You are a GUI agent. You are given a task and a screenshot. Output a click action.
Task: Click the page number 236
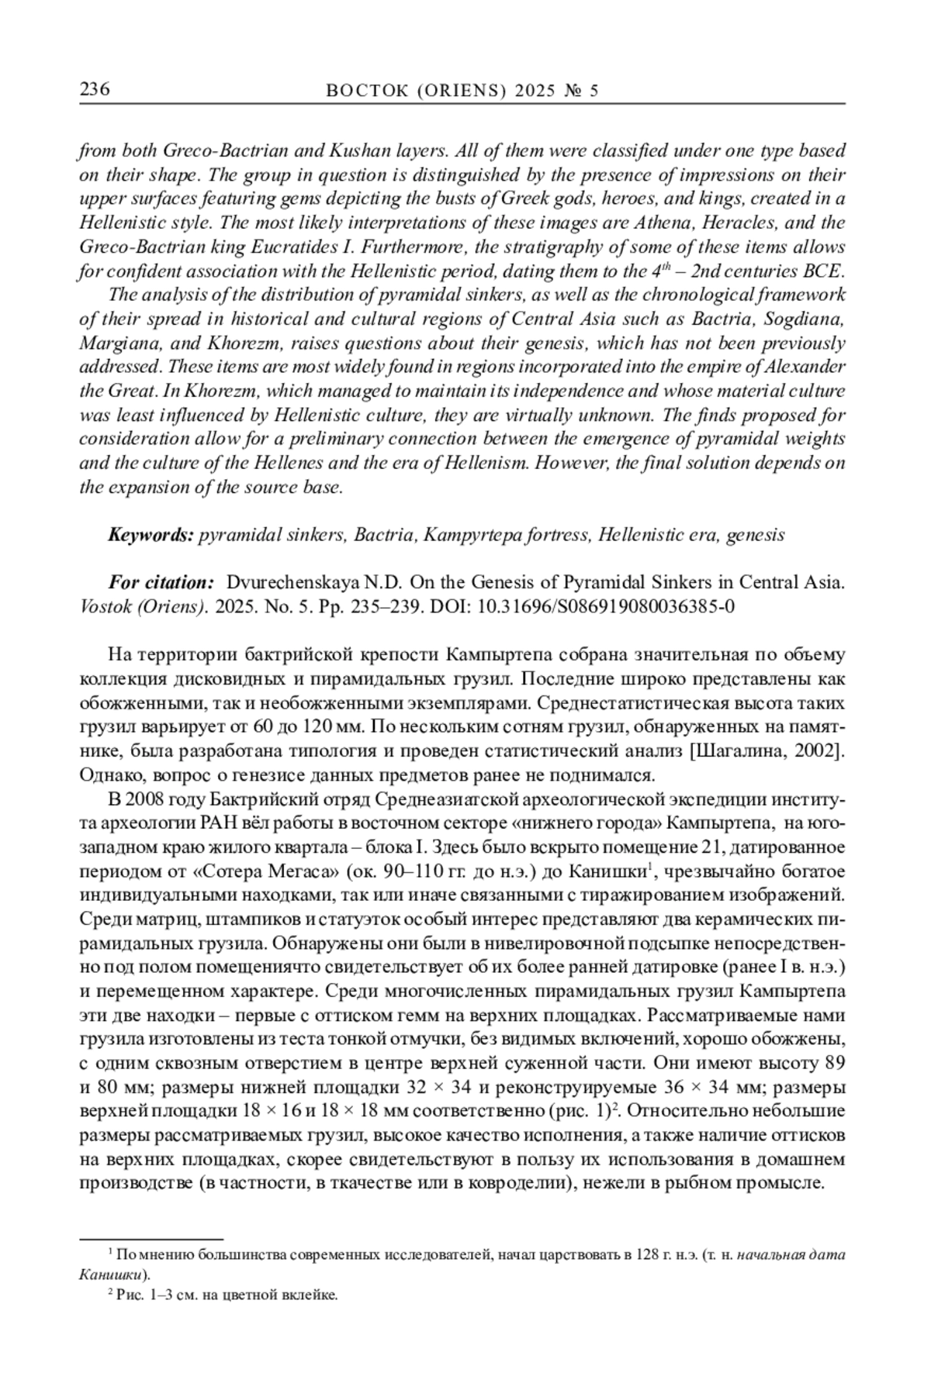pos(95,90)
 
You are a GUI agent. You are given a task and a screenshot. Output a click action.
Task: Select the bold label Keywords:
pos(151,534)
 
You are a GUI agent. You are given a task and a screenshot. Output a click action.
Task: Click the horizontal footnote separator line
pos(151,1240)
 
